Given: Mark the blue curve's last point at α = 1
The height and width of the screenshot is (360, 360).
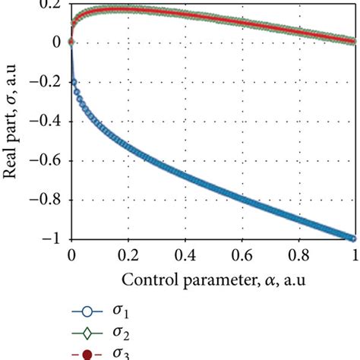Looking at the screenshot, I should click(354, 238).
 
